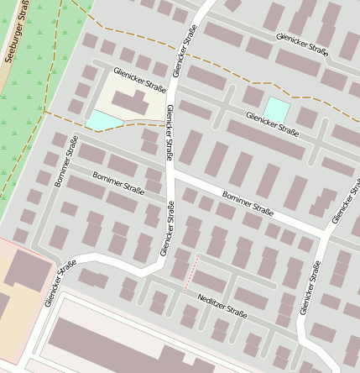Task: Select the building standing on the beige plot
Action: (130, 104)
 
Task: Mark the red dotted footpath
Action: (190, 272)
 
